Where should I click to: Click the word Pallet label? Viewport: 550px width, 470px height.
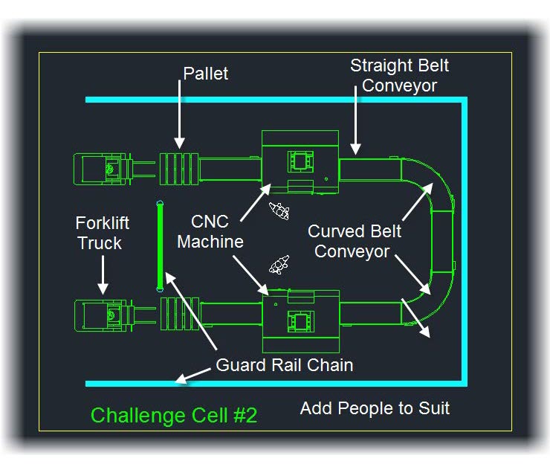point(206,74)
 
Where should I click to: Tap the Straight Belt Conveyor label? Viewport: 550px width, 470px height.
point(400,75)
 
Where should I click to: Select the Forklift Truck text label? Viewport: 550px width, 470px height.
point(102,233)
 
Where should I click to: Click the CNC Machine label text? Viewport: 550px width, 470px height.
point(210,231)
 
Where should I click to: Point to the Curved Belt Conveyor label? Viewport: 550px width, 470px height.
point(354,242)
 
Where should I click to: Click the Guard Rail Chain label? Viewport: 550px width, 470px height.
point(284,364)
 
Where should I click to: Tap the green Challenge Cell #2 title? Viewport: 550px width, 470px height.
point(174,415)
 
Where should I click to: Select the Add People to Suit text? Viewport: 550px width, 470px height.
point(375,408)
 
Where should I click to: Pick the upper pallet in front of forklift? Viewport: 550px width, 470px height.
point(179,169)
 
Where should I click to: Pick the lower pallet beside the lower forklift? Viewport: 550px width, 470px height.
point(180,313)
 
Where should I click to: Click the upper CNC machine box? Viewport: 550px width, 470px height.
point(300,162)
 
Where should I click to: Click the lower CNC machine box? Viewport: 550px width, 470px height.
point(301,321)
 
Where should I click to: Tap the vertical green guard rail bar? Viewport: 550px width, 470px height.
point(160,246)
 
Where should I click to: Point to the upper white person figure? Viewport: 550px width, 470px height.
point(279,211)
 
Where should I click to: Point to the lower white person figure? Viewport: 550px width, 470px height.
point(279,265)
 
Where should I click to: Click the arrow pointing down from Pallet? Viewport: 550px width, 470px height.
point(179,115)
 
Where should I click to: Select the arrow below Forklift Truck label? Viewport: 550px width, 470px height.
point(103,275)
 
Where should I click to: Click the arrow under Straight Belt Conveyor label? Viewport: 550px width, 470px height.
point(355,120)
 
